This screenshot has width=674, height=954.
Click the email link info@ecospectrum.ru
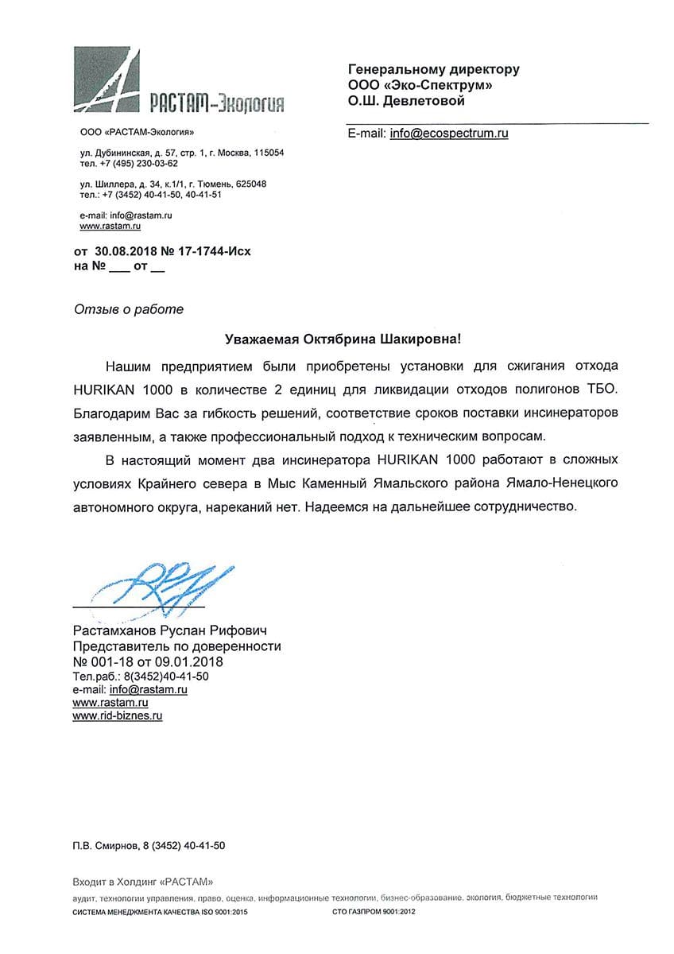point(448,134)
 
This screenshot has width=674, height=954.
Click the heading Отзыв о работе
point(128,309)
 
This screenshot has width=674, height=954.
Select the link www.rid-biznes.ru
point(118,715)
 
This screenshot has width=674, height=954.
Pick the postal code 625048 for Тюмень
point(250,184)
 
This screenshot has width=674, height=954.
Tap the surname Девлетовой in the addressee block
point(424,101)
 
